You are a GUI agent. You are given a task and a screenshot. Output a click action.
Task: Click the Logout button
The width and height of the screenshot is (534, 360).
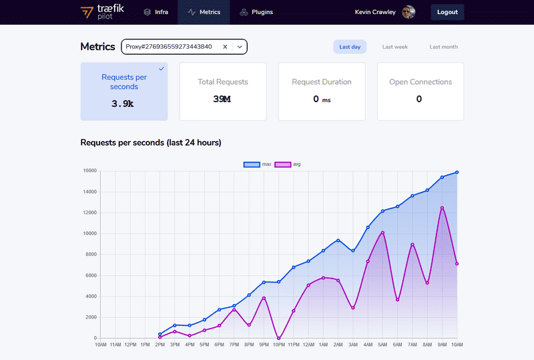coord(447,12)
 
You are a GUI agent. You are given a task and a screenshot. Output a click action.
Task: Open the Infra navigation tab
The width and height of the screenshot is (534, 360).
coord(156,12)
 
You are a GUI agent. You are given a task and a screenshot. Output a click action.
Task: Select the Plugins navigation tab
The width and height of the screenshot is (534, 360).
coord(256,12)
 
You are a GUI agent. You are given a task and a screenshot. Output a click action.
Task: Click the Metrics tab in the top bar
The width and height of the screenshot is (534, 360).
coord(204,12)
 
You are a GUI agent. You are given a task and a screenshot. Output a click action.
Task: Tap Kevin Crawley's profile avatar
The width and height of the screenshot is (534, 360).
coord(409,12)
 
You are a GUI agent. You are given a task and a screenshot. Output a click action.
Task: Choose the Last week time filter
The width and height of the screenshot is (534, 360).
coord(394,47)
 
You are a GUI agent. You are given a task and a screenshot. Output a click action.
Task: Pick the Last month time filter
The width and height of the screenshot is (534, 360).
coord(443,47)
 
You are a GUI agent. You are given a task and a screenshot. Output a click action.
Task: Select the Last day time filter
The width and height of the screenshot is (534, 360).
coord(350,47)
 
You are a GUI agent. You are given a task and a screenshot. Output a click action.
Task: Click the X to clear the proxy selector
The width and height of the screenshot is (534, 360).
coord(225,47)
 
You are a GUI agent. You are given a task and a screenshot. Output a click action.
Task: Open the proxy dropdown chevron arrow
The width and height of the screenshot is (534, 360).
coord(239,47)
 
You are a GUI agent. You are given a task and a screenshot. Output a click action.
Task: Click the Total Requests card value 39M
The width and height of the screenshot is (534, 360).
coord(222,99)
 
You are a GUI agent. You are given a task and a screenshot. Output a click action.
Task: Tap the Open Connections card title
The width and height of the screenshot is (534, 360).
coord(421,82)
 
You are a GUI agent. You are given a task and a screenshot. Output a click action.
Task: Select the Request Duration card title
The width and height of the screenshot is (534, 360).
coord(322,82)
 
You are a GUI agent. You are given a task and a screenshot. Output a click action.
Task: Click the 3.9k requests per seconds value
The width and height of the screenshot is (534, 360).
coord(123,104)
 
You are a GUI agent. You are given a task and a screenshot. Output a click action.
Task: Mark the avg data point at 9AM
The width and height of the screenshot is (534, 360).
coord(442,208)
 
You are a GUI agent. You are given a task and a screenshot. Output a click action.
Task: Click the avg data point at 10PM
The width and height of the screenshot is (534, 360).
coord(278,338)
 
